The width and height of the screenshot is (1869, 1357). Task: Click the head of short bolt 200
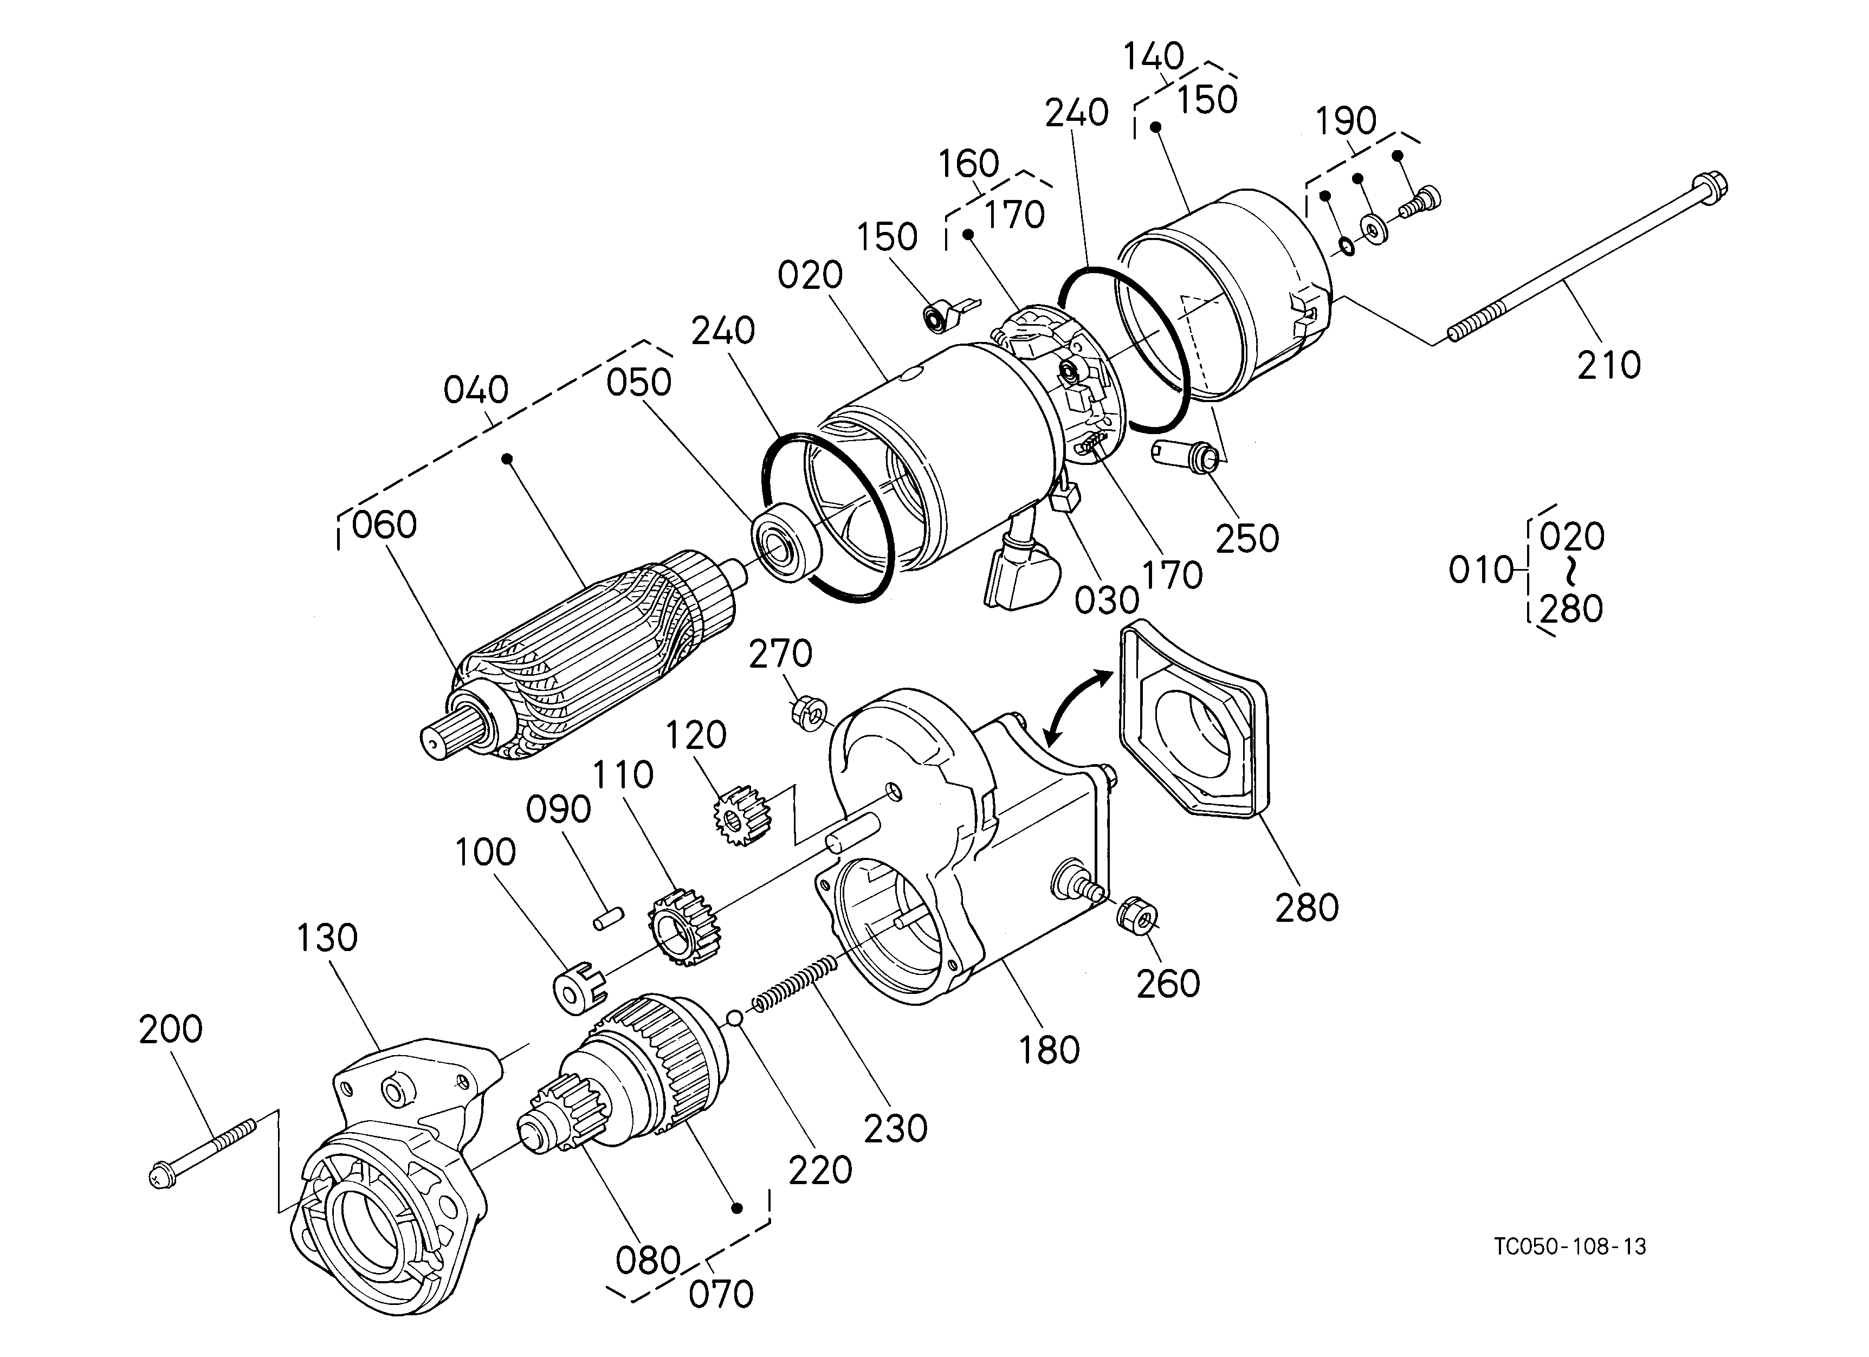(x=159, y=1176)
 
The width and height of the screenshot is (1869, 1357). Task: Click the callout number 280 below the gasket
(x=1307, y=908)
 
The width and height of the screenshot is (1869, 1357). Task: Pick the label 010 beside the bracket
(x=1482, y=570)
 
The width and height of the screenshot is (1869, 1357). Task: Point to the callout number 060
(x=384, y=525)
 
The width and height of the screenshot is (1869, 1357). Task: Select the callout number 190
(x=1346, y=121)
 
